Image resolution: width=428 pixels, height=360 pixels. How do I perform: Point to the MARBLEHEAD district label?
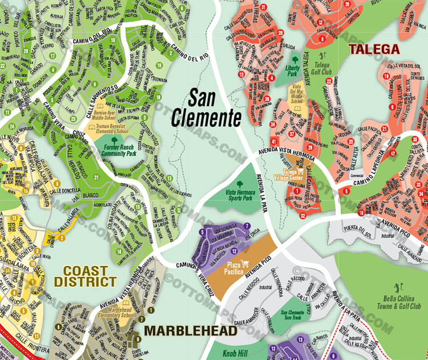click(190, 331)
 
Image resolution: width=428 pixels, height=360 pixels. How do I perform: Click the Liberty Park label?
click(295, 71)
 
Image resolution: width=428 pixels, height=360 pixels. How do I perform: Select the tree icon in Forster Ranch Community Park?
click(114, 140)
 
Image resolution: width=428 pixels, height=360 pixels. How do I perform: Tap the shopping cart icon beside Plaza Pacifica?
click(245, 263)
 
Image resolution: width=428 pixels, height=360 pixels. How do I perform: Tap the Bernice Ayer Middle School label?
click(109, 116)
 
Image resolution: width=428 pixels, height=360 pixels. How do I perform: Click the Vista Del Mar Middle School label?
click(296, 95)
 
